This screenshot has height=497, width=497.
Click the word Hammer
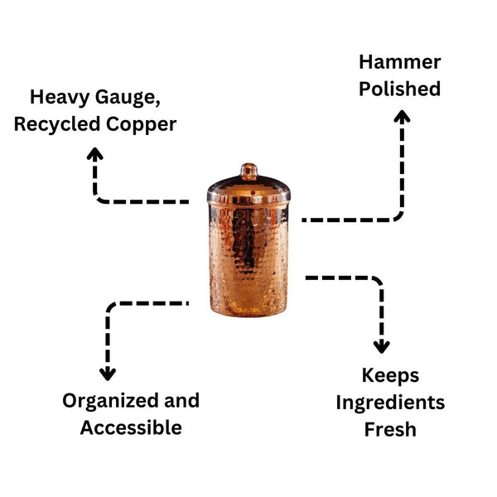[399, 62]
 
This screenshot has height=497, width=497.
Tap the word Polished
[399, 89]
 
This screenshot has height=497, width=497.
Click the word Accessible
[131, 427]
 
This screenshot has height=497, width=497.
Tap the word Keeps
[390, 375]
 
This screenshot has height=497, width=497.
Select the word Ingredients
[390, 403]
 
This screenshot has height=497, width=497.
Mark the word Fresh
[390, 429]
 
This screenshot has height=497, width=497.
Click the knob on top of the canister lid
[248, 171]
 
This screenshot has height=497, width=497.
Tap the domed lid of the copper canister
[248, 189]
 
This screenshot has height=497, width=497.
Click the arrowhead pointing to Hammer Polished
[401, 118]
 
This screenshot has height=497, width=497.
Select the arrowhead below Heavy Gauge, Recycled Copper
[95, 153]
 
